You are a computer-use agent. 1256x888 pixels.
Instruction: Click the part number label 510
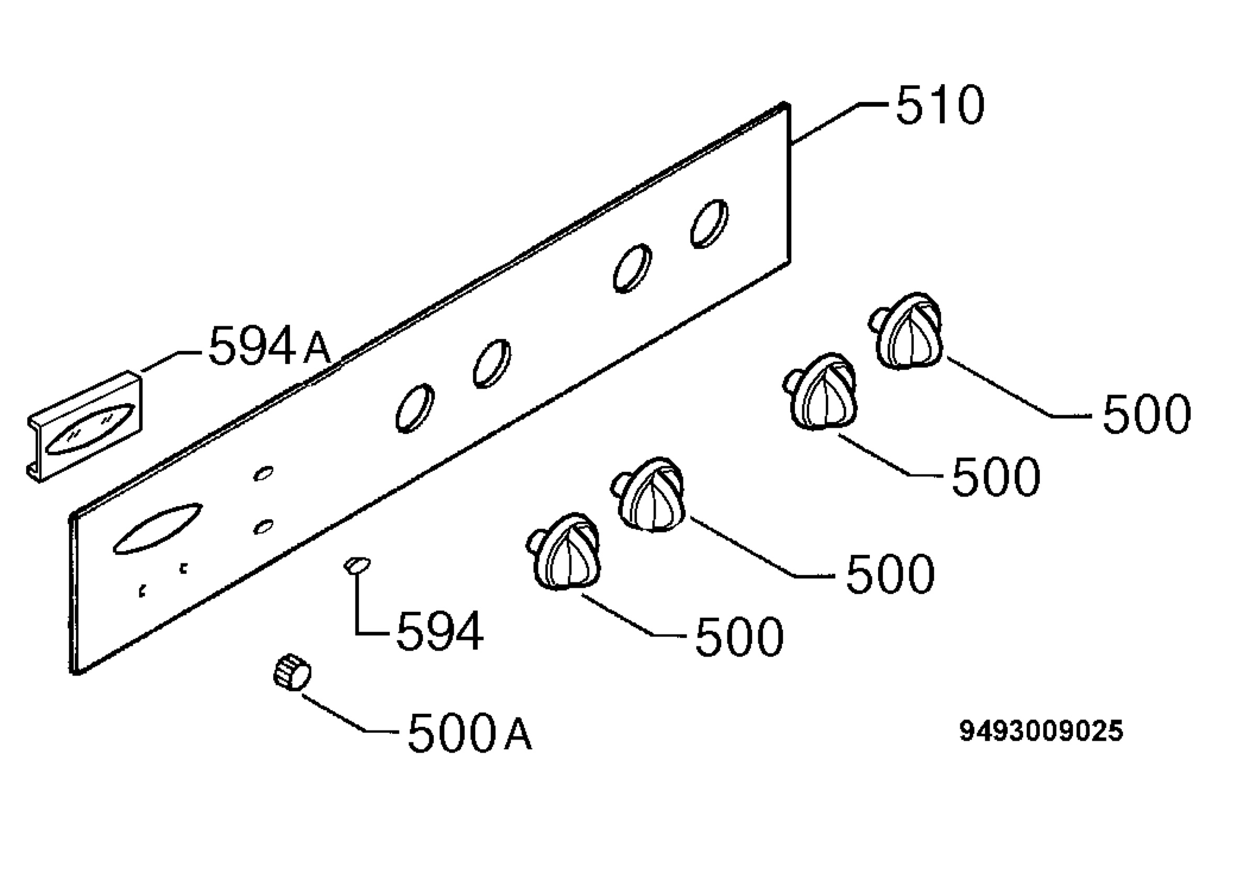[x=940, y=105]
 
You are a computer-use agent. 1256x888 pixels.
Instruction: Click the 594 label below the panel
[x=440, y=632]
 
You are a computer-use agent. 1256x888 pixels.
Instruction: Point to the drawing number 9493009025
[x=1041, y=731]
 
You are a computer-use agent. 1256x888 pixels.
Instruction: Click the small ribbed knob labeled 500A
[x=292, y=671]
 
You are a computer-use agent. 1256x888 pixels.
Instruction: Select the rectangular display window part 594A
[x=86, y=427]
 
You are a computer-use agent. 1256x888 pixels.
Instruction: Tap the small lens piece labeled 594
[x=357, y=565]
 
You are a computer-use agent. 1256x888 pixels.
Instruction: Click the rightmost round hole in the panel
[x=709, y=224]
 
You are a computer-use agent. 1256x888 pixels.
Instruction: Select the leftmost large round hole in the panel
[x=415, y=408]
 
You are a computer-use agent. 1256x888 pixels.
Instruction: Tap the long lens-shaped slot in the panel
[x=158, y=528]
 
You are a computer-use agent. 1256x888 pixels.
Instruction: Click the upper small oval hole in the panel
[x=264, y=473]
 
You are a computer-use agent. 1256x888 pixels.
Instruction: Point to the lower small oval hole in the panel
[x=264, y=527]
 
